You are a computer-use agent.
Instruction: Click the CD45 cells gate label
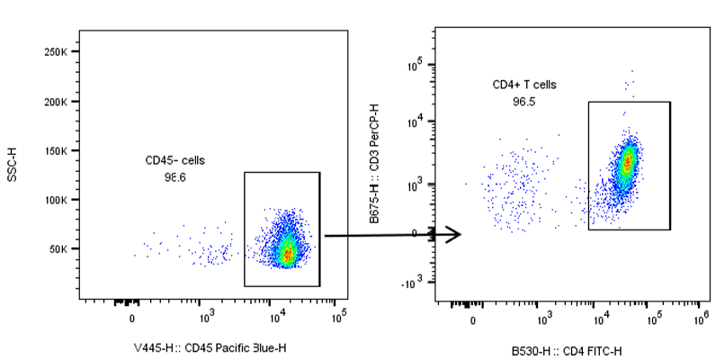tap(175, 160)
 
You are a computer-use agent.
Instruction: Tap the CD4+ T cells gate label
tap(524, 85)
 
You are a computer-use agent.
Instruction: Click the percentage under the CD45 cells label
tap(175, 177)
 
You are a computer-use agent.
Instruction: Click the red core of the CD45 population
tap(287, 255)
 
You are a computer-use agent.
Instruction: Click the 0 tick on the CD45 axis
tap(132, 318)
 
